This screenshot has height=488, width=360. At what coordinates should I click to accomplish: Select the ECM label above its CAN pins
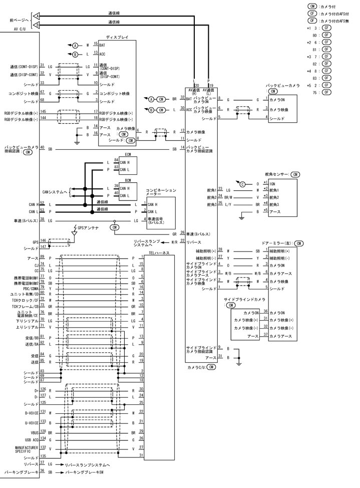[128, 155]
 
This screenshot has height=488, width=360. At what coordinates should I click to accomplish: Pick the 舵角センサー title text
[275, 174]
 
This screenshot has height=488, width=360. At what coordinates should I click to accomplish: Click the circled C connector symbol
[242, 184]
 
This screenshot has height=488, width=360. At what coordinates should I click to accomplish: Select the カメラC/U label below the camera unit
[196, 367]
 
